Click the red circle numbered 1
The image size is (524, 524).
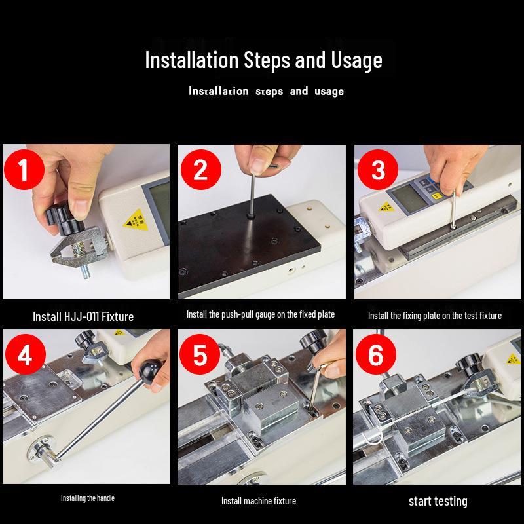[x=24, y=170]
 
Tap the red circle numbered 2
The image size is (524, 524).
[x=201, y=170]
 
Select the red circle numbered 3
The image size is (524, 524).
[x=378, y=170]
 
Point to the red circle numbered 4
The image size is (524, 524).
[x=26, y=354]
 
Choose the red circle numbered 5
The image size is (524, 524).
[x=200, y=354]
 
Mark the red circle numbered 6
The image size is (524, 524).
[x=375, y=354]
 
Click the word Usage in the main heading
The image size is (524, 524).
[x=356, y=60]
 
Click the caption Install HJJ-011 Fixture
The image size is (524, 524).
[x=83, y=316]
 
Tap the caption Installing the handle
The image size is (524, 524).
[x=88, y=498]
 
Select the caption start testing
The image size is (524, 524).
[x=438, y=501]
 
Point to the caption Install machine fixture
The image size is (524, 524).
[x=259, y=501]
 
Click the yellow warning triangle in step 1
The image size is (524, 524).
[x=136, y=220]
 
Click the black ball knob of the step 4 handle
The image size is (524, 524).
[x=149, y=370]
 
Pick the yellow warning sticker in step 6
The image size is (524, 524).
[x=513, y=360]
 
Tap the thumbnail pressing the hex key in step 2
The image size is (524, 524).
[x=258, y=166]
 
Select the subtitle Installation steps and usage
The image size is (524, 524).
[x=267, y=91]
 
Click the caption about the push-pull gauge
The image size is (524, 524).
[x=261, y=314]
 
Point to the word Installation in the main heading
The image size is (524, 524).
[x=191, y=60]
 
